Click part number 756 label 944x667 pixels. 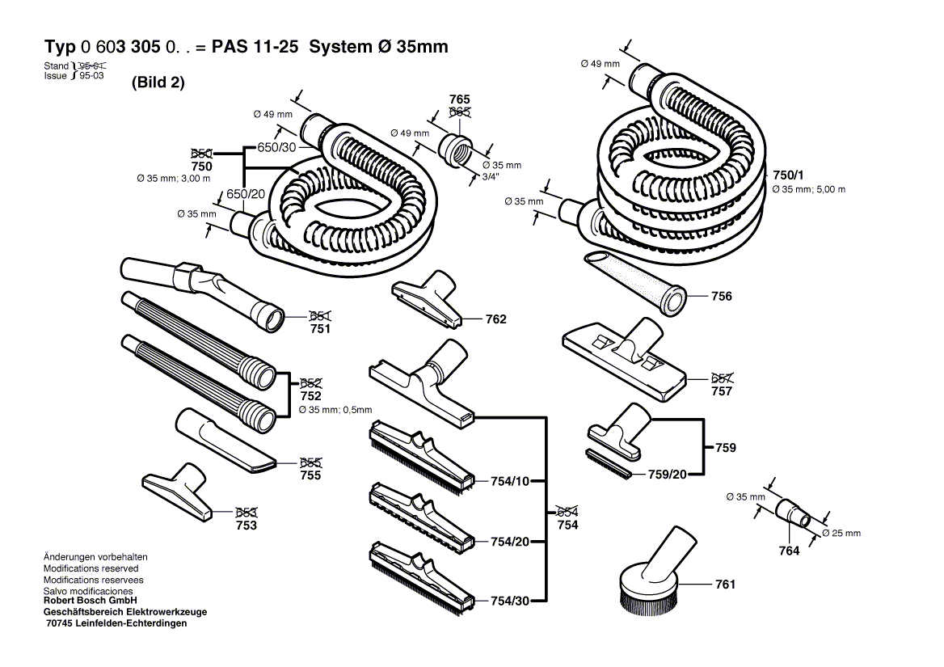[x=721, y=297]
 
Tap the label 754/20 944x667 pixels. [x=509, y=542]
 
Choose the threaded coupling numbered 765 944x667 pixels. [x=457, y=150]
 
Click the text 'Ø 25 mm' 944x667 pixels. [x=841, y=534]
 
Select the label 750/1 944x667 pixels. [x=788, y=175]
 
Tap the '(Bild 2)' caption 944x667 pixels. [x=158, y=82]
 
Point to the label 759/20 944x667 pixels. [x=667, y=474]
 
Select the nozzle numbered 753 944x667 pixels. [x=179, y=490]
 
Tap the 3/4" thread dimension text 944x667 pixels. [x=490, y=176]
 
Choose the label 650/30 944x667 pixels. [x=277, y=147]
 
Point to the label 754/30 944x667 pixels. [x=509, y=601]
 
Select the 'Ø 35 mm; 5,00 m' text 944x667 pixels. [x=808, y=189]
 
